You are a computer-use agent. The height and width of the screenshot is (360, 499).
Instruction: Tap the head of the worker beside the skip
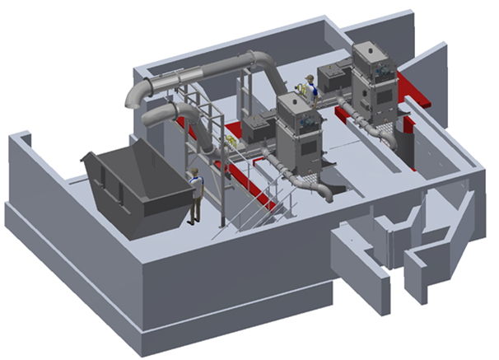tap(194, 172)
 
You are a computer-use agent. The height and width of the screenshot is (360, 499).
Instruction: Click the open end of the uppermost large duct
tap(131, 99)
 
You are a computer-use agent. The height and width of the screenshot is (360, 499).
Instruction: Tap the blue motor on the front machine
tap(309, 120)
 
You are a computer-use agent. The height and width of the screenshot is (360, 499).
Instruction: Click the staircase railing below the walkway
tap(247, 206)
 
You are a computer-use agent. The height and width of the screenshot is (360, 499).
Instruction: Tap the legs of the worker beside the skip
tap(195, 209)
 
